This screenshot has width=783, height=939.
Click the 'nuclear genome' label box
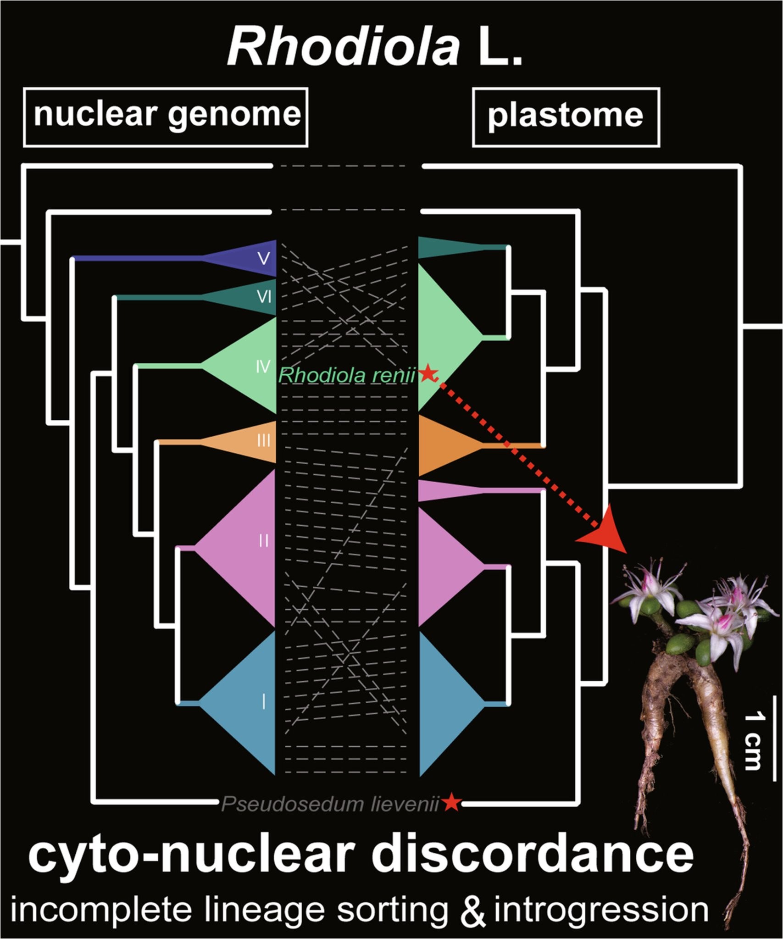(166, 117)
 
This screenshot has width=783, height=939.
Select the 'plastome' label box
(566, 117)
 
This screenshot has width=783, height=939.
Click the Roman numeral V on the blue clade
(263, 259)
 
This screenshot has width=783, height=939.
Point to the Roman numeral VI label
(264, 297)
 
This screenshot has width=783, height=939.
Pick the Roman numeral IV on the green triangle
(262, 367)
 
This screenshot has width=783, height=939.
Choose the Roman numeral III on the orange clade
(263, 441)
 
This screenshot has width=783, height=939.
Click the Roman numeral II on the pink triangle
(263, 541)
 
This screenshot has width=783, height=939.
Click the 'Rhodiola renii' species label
(347, 376)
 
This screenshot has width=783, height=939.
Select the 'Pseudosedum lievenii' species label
(330, 805)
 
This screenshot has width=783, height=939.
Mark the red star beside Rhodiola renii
(428, 373)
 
